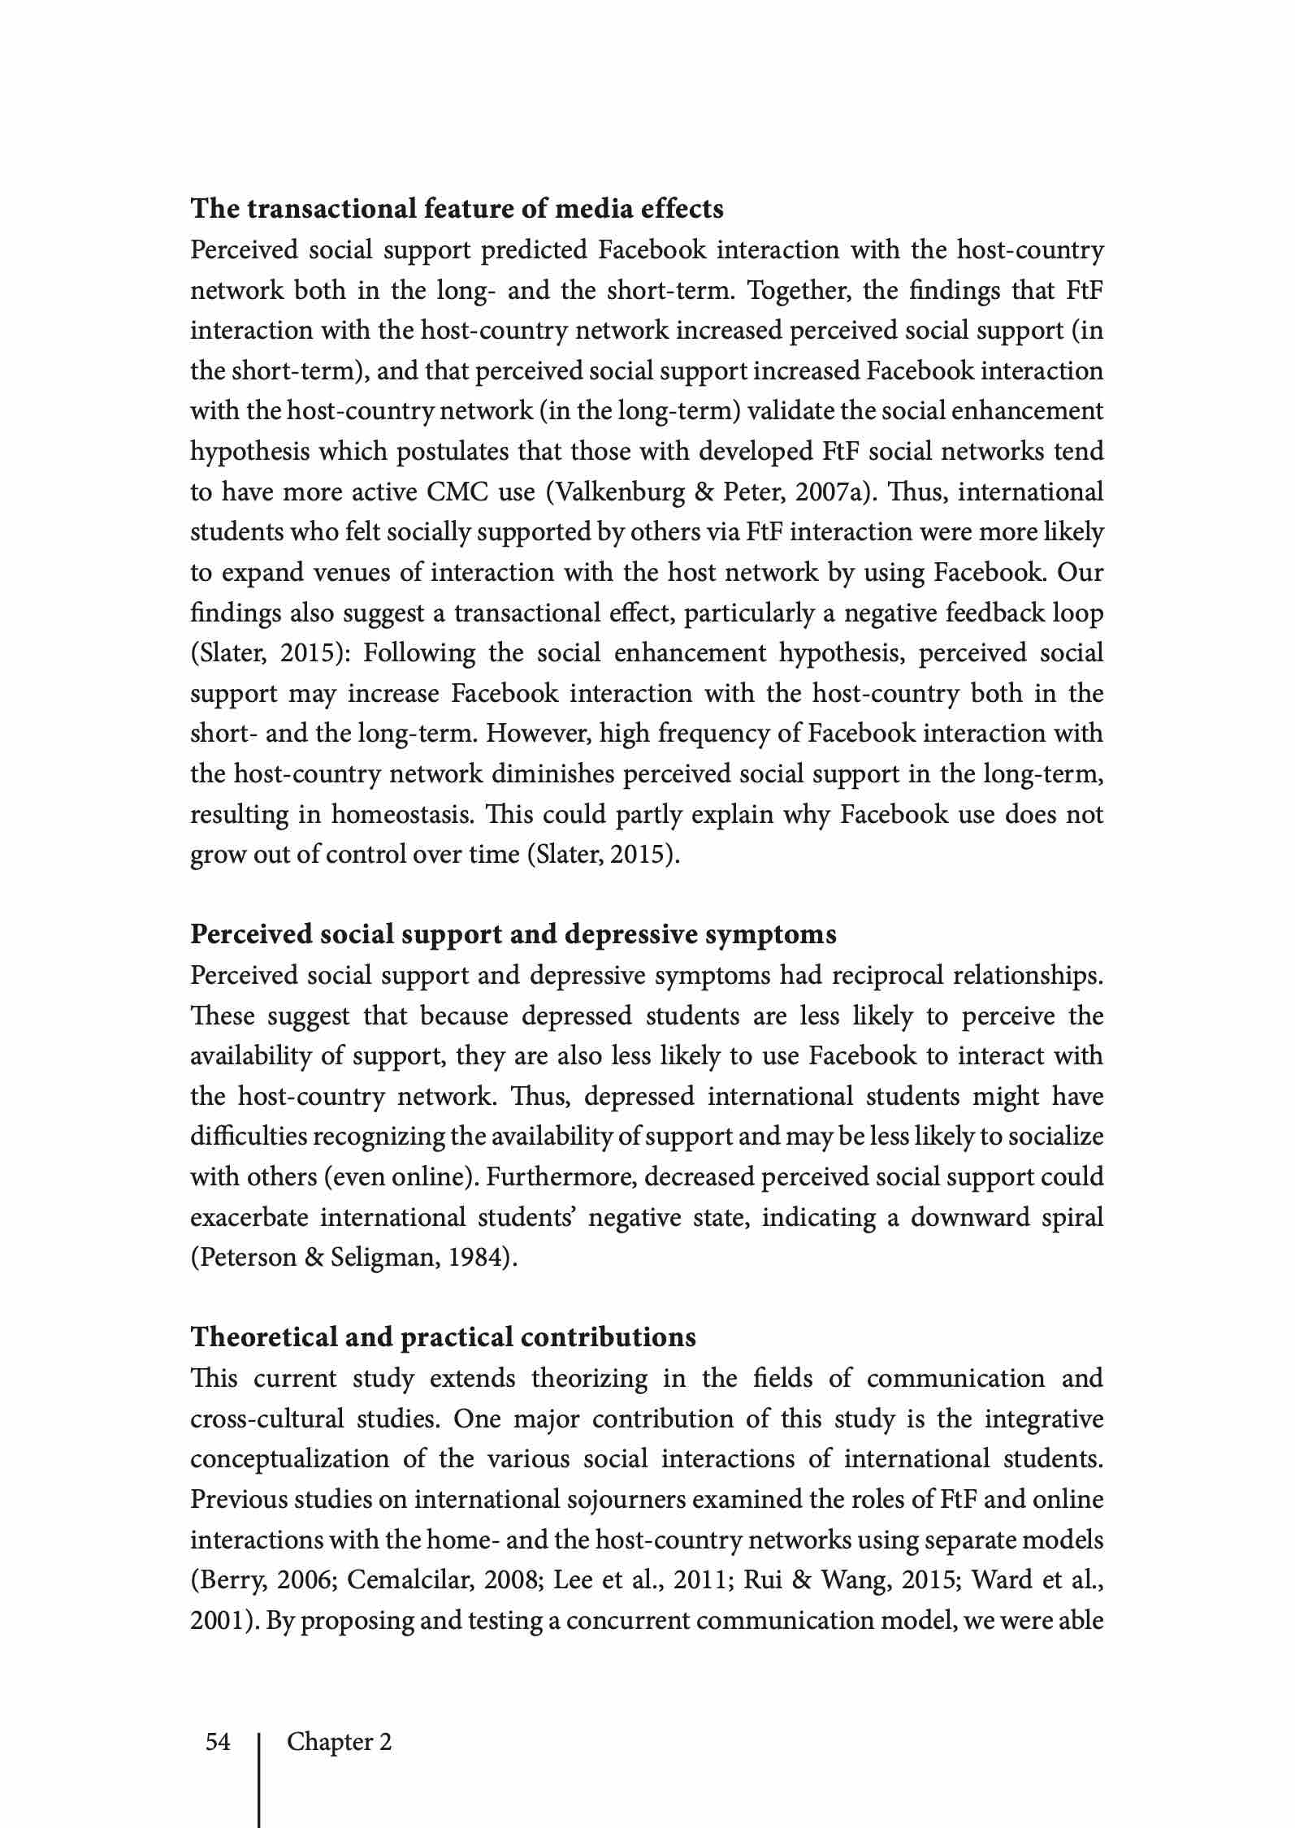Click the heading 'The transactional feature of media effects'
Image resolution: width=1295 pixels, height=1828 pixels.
(457, 210)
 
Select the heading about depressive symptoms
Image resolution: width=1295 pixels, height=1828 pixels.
(513, 935)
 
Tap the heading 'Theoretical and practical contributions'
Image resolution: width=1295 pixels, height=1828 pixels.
(443, 1338)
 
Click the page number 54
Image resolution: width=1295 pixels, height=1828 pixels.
(218, 1742)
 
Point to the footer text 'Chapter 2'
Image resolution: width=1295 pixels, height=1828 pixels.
(339, 1742)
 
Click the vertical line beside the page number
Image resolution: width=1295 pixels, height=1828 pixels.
(259, 1779)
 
